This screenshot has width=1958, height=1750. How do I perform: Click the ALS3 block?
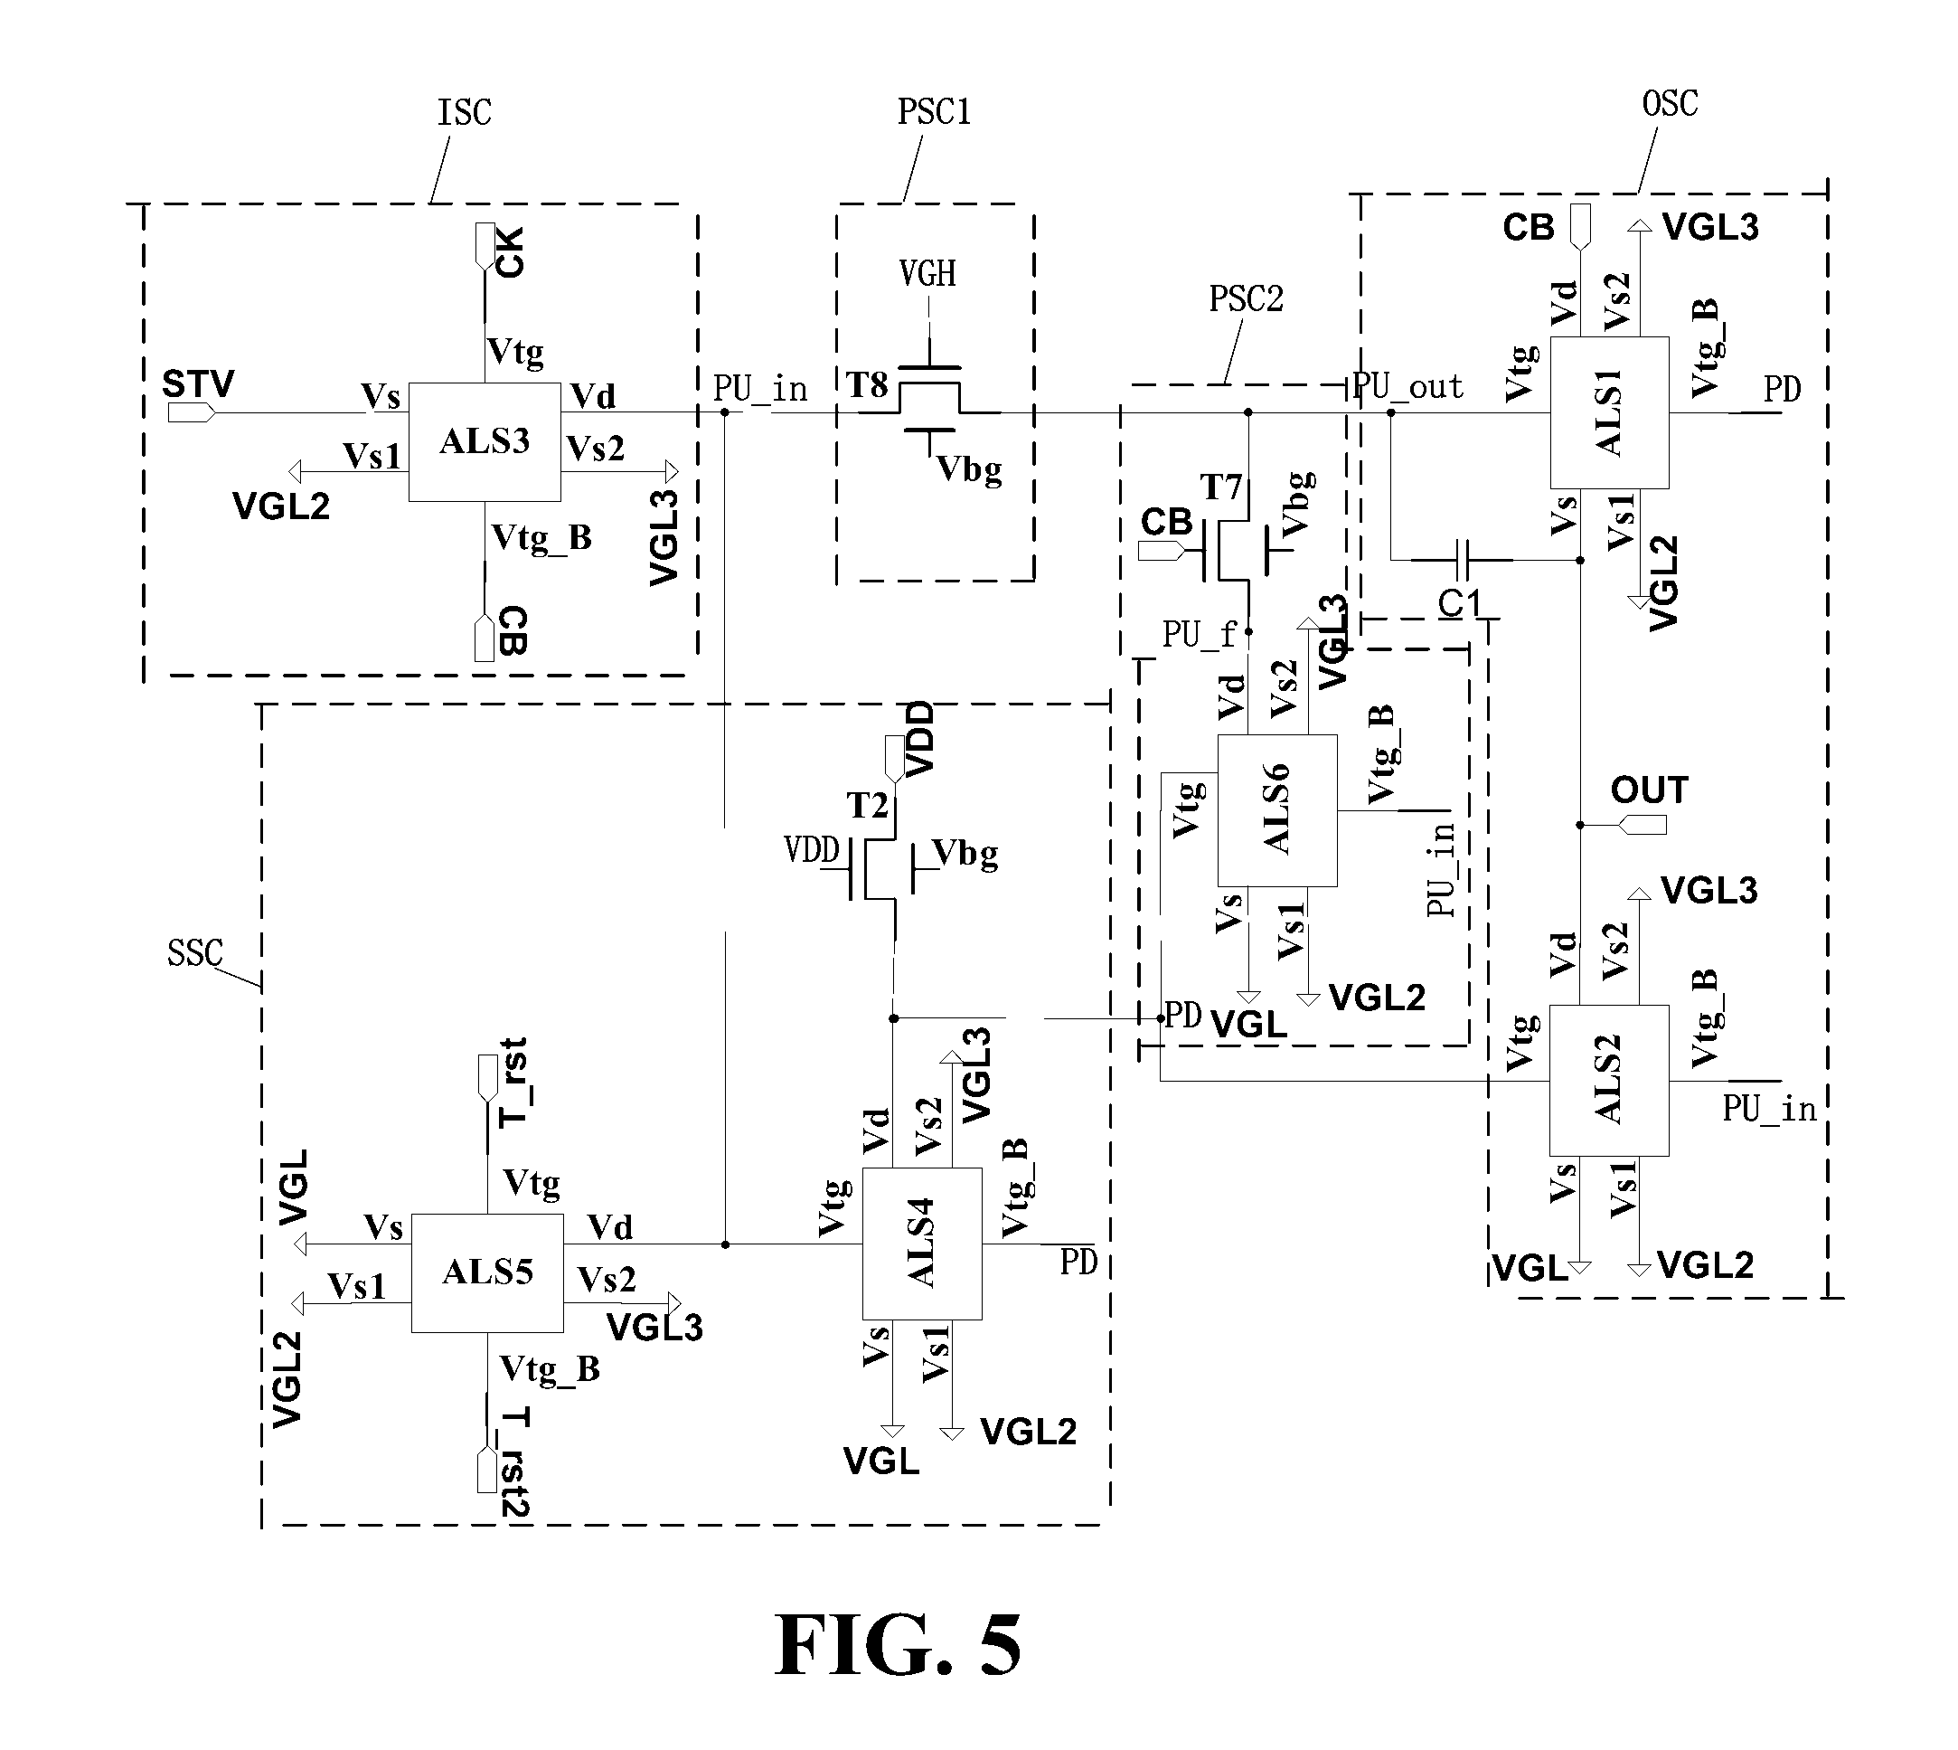485,442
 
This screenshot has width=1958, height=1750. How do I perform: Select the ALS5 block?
487,1273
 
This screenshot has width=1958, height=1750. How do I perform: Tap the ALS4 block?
922,1244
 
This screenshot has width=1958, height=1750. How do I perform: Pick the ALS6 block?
1276,810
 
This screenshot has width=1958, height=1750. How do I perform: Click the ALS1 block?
1609,412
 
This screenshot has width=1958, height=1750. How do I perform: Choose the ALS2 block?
1609,1080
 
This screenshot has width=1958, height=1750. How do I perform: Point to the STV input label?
198,384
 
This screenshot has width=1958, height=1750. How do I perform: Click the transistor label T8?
867,385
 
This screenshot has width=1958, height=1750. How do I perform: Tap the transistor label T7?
1221,487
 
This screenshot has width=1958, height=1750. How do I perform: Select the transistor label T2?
867,805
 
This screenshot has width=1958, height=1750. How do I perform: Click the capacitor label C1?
1459,604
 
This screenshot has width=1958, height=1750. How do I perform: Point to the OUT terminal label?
1650,790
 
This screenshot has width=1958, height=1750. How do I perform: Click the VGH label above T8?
927,274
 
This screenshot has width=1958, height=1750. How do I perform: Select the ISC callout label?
465,112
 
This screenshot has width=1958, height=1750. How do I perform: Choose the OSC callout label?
1670,103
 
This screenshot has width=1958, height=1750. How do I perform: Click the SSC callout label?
195,953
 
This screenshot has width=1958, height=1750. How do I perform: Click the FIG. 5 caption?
898,1645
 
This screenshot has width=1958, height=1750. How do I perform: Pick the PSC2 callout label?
1246,299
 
